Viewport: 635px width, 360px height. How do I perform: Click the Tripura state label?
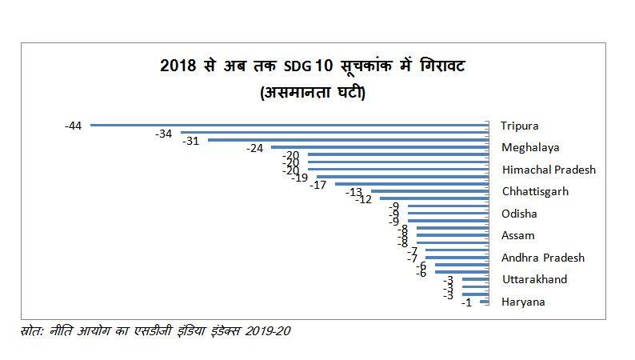click(519, 126)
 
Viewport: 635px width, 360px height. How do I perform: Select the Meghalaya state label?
click(529, 147)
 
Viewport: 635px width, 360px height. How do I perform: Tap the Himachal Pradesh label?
click(548, 170)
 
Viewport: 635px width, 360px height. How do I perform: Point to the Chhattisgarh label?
click(534, 191)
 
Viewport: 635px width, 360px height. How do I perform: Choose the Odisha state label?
click(519, 214)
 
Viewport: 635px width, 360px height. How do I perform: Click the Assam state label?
click(517, 235)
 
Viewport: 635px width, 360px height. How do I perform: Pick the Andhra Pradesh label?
click(542, 258)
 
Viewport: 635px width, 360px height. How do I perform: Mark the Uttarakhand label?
click(533, 279)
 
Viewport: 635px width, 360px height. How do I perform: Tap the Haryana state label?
click(523, 302)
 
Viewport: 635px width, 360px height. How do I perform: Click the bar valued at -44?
click(289, 125)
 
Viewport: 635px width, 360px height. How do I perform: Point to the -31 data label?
click(191, 141)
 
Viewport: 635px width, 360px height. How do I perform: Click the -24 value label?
click(254, 148)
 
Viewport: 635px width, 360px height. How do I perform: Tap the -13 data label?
click(353, 192)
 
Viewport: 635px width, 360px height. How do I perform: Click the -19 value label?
click(300, 178)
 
